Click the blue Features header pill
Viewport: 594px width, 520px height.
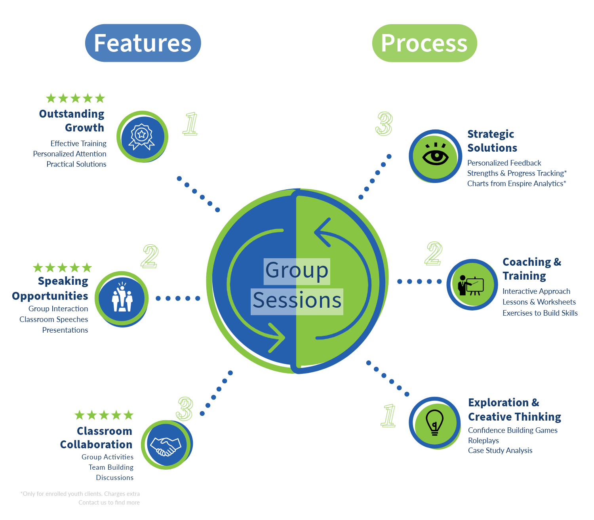click(x=143, y=43)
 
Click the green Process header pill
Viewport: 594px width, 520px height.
click(x=425, y=43)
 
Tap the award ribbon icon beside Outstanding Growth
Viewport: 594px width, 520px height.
click(x=142, y=137)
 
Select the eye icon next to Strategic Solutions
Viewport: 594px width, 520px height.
click(x=436, y=154)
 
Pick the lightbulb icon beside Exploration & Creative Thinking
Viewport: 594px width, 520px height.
click(x=434, y=423)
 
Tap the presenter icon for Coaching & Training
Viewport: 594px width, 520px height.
click(x=470, y=286)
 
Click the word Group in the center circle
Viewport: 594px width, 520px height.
click(x=297, y=270)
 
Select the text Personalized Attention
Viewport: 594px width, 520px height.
click(x=70, y=154)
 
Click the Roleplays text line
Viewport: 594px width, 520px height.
click(x=484, y=440)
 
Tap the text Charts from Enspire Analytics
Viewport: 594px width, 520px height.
click(x=516, y=183)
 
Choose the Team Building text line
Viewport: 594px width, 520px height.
click(x=111, y=467)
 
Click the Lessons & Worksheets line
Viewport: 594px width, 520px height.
click(x=539, y=302)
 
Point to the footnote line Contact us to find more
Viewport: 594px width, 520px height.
click(x=109, y=502)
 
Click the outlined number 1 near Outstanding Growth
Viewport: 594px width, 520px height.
click(x=190, y=124)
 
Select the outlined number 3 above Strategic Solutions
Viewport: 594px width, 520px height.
click(x=384, y=124)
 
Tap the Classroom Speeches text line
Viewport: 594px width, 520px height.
click(x=54, y=319)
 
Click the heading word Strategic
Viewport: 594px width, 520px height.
click(x=491, y=134)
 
